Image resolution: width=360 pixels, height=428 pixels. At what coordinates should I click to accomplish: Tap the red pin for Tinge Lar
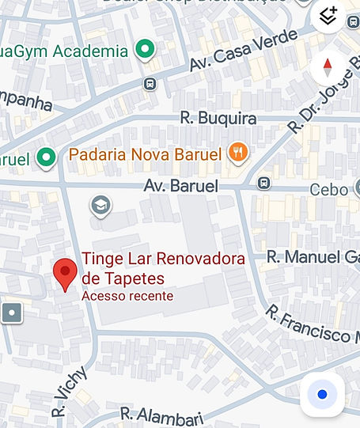[x=65, y=273]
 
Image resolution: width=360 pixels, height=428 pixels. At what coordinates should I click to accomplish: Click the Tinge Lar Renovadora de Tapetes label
[x=163, y=268]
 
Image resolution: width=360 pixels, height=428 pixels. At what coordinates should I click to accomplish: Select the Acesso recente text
[x=127, y=296]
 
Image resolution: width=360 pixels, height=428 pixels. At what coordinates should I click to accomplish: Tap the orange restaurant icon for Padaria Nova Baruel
[x=237, y=153]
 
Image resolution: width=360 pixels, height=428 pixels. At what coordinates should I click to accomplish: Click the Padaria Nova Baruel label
[x=145, y=153]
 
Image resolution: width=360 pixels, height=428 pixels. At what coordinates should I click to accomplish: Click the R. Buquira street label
[x=207, y=119]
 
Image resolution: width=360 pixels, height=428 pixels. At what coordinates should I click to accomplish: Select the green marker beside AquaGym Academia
[x=144, y=51]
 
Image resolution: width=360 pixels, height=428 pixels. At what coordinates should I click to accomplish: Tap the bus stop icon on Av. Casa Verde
[x=150, y=83]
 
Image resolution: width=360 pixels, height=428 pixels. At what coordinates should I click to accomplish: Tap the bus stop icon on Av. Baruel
[x=264, y=184]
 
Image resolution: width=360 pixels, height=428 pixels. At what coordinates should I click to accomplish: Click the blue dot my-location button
[x=322, y=394]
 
